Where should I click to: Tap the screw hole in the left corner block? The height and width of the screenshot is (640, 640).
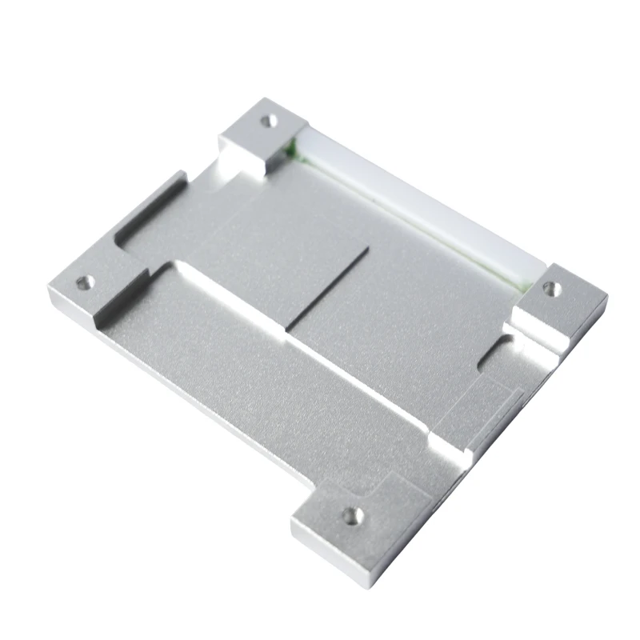point(82,282)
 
